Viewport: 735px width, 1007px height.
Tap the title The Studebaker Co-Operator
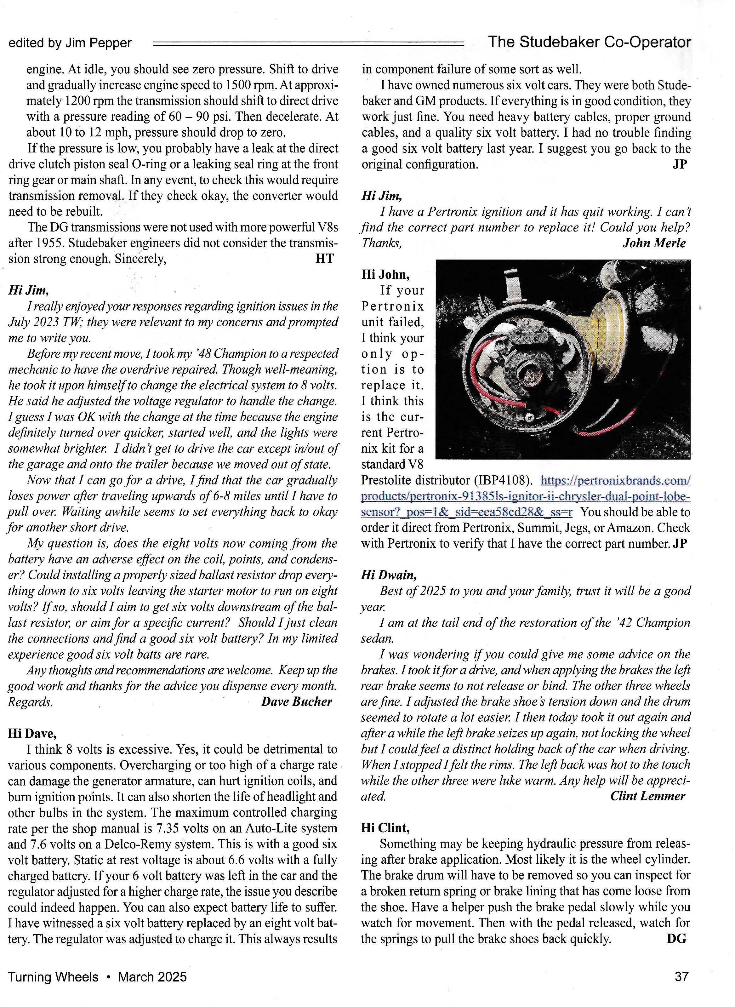click(589, 42)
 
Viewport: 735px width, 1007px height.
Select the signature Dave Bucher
click(296, 702)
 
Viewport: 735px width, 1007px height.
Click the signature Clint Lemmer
click(647, 796)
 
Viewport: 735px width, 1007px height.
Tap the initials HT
click(324, 259)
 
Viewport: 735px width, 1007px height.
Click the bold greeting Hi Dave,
click(32, 733)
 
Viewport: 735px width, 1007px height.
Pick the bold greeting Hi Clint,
click(385, 828)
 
